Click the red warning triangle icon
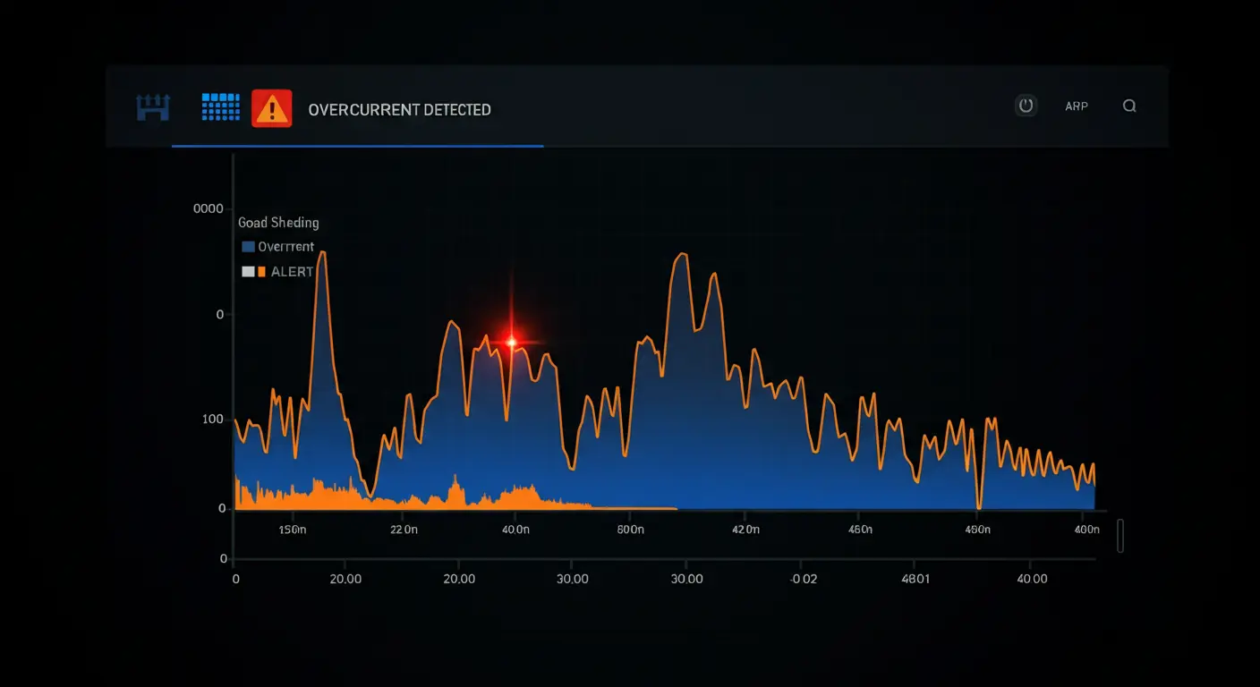pyautogui.click(x=271, y=108)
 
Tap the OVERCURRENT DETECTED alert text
pyautogui.click(x=399, y=110)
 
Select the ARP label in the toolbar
pyautogui.click(x=1077, y=106)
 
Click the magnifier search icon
pyautogui.click(x=1129, y=106)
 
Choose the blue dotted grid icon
pyautogui.click(x=221, y=106)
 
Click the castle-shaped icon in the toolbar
pyautogui.click(x=153, y=107)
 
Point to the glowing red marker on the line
pyautogui.click(x=512, y=341)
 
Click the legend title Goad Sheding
pyautogui.click(x=278, y=223)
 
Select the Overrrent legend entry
pyautogui.click(x=278, y=246)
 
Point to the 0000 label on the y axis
pyautogui.click(x=208, y=208)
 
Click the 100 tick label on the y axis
pyautogui.click(x=212, y=420)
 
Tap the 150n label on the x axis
pyautogui.click(x=293, y=530)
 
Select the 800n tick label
pyautogui.click(x=631, y=530)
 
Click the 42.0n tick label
pyautogui.click(x=745, y=530)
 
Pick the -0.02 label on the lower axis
pyautogui.click(x=803, y=579)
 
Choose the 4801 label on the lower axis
pyautogui.click(x=915, y=579)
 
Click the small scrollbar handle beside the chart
pyautogui.click(x=1120, y=536)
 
